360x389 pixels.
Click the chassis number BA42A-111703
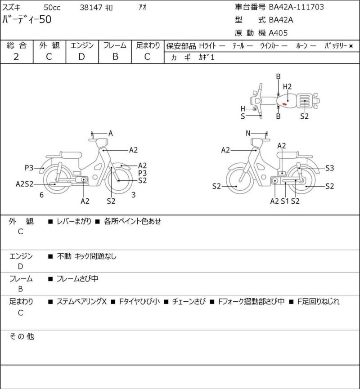click(297, 7)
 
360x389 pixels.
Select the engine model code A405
click(278, 33)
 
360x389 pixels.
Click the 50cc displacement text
click(52, 8)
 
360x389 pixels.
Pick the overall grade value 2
click(16, 57)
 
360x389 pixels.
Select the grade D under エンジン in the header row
click(82, 57)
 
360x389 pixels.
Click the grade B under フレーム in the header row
click(115, 57)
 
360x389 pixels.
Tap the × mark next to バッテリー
click(351, 46)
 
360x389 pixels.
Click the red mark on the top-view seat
click(284, 104)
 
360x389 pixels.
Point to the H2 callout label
click(287, 87)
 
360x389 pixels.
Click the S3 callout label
click(330, 168)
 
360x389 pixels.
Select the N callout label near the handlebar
click(248, 133)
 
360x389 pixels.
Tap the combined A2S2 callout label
click(25, 184)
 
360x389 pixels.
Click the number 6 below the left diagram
click(42, 195)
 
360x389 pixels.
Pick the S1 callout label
click(285, 201)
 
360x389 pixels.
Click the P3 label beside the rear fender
click(29, 168)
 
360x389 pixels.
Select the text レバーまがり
click(74, 221)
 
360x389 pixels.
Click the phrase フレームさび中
click(77, 279)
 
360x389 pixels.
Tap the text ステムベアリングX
click(82, 301)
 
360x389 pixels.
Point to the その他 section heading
click(22, 336)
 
